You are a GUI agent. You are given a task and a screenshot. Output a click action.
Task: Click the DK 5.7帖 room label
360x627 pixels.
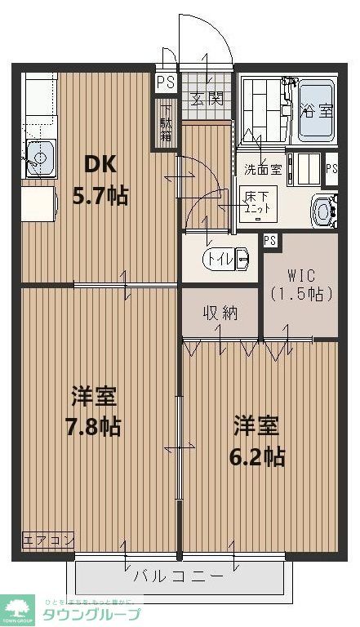point(102,180)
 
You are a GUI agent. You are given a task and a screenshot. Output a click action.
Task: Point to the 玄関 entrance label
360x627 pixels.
point(207,100)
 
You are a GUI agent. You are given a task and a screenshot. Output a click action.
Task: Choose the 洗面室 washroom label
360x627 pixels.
point(262,170)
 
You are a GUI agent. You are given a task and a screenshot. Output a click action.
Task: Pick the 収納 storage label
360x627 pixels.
point(220,313)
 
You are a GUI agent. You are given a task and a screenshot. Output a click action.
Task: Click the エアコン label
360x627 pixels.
point(37,540)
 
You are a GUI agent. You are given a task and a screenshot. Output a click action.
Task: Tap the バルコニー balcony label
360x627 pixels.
point(178,576)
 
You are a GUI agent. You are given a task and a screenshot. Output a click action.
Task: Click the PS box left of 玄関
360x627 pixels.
point(166,82)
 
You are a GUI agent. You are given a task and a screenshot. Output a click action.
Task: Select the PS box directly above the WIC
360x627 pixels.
point(269,241)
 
